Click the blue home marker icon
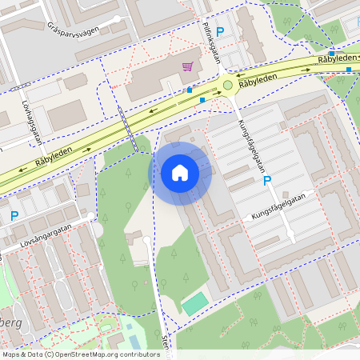click(180, 173)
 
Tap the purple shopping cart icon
click(187, 67)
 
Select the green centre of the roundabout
click(227, 84)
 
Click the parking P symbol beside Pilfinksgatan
click(220, 30)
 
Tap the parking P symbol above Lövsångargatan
click(14, 215)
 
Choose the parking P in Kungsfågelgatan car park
click(267, 182)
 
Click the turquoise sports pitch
click(193, 304)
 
